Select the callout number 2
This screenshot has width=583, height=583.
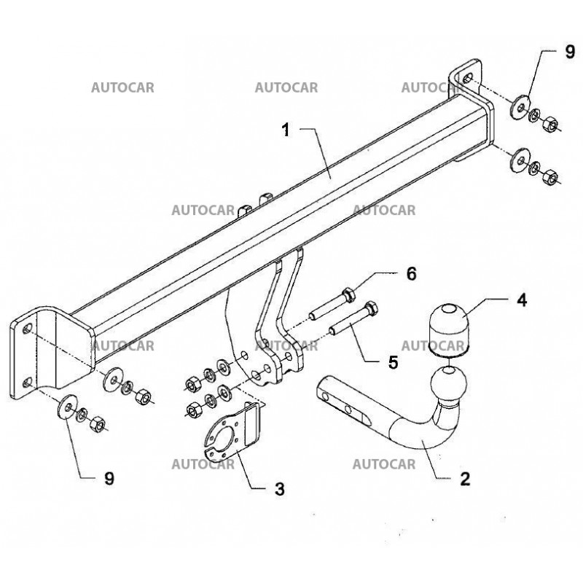click(x=465, y=480)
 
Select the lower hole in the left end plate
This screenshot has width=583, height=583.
click(x=27, y=382)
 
